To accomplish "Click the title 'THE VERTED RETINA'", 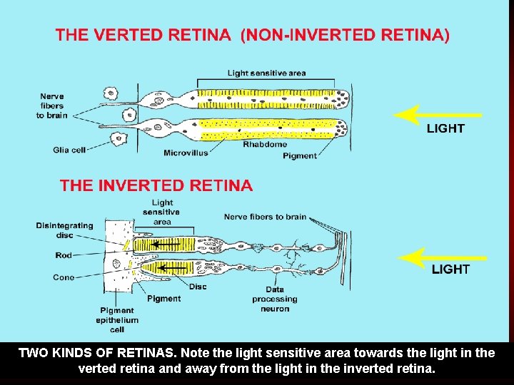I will tap(143, 35).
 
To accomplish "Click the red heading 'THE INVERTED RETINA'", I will tap(156, 186).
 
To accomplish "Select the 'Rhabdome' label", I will tap(265, 144).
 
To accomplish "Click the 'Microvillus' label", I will tap(186, 153).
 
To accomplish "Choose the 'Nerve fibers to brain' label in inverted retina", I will tap(265, 217).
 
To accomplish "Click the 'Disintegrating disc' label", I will tap(65, 230).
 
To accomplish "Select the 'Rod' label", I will tap(64, 255).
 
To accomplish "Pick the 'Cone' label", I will tap(64, 277).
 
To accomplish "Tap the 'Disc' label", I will tap(198, 287).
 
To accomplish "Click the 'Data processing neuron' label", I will tap(275, 299).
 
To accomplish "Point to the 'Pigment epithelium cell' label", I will tap(117, 320).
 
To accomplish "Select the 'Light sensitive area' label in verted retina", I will tap(266, 73).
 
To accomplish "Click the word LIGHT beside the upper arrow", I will tap(445, 129).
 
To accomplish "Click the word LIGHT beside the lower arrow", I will tap(450, 269).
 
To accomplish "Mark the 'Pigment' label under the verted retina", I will tap(300, 156).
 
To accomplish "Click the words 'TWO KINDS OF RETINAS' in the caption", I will tap(96, 353).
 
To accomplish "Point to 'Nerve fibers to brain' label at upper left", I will tap(52, 106).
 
